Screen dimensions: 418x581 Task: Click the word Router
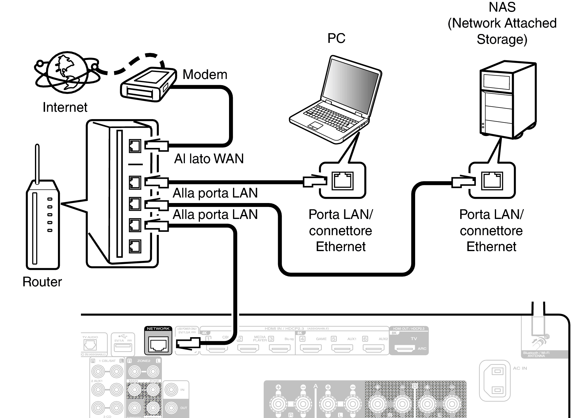42,282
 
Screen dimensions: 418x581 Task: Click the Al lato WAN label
209,159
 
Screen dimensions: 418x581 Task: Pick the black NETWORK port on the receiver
158,344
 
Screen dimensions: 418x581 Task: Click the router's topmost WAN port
135,146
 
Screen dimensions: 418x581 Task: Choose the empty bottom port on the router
135,246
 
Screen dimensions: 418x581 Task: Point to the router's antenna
37,164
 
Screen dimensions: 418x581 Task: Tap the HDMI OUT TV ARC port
404,348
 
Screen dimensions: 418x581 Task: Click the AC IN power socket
497,381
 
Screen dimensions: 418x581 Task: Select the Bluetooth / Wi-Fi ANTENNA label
536,354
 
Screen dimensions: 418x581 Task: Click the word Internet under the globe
65,107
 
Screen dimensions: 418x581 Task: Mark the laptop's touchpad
315,126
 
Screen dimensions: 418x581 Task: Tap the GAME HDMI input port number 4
311,348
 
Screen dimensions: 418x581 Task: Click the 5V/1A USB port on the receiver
123,347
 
